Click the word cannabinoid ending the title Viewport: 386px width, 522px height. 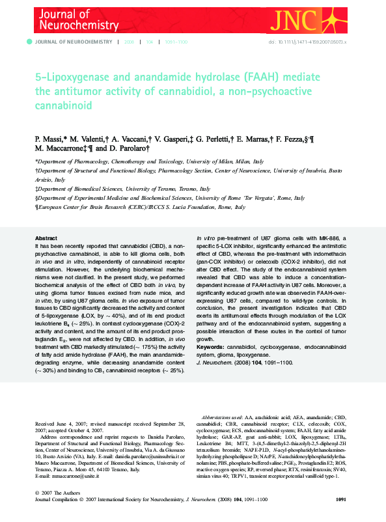[x=64, y=105]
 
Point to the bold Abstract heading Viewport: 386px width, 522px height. [x=46, y=238]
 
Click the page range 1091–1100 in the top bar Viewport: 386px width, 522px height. [x=176, y=42]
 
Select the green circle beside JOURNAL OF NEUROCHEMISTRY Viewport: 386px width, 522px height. [x=29, y=42]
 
